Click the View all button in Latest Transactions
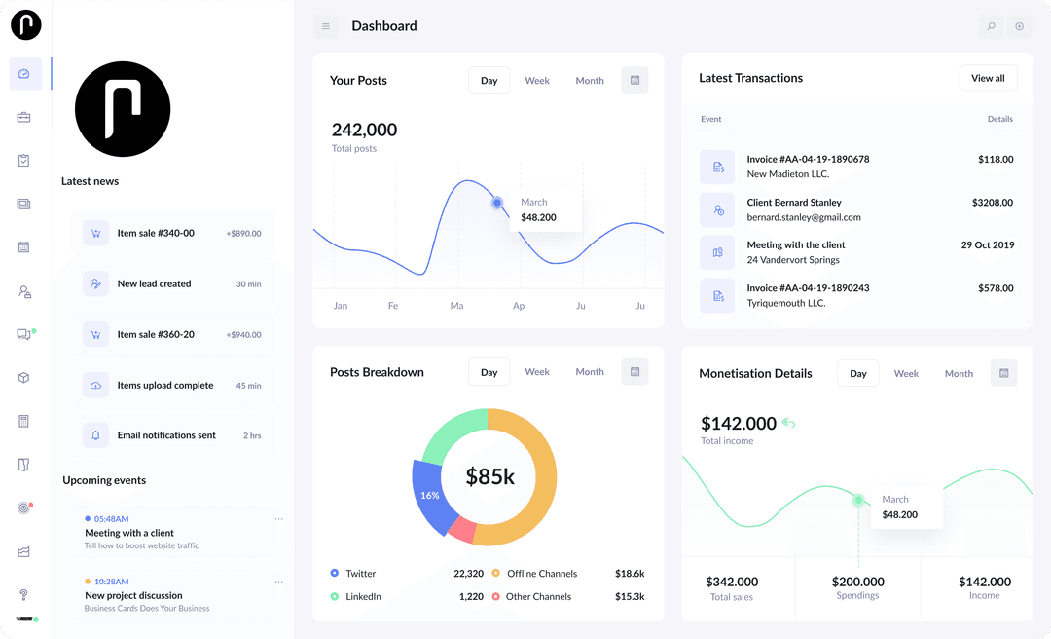(988, 78)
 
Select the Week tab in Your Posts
(537, 81)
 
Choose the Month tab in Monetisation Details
(958, 373)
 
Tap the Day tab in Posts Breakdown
(489, 372)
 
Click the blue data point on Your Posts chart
(497, 203)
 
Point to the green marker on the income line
(858, 500)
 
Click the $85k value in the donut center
(489, 476)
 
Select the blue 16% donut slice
(428, 495)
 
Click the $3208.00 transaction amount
(992, 203)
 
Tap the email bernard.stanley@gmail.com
(803, 217)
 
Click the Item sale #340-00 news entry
(156, 233)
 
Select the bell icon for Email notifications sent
(95, 435)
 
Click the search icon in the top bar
(991, 26)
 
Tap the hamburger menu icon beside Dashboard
(326, 26)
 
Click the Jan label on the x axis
(341, 306)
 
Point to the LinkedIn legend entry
(362, 596)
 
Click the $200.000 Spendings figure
(857, 582)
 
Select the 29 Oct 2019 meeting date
(987, 245)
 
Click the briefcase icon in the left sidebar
(24, 117)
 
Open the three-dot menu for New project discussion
(278, 582)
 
